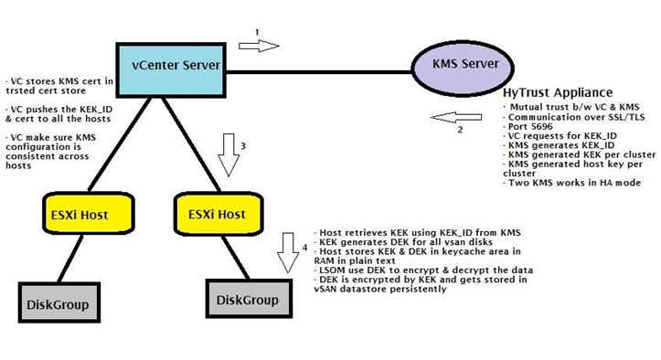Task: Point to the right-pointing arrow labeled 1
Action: pos(259,46)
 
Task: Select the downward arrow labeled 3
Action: pos(229,153)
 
